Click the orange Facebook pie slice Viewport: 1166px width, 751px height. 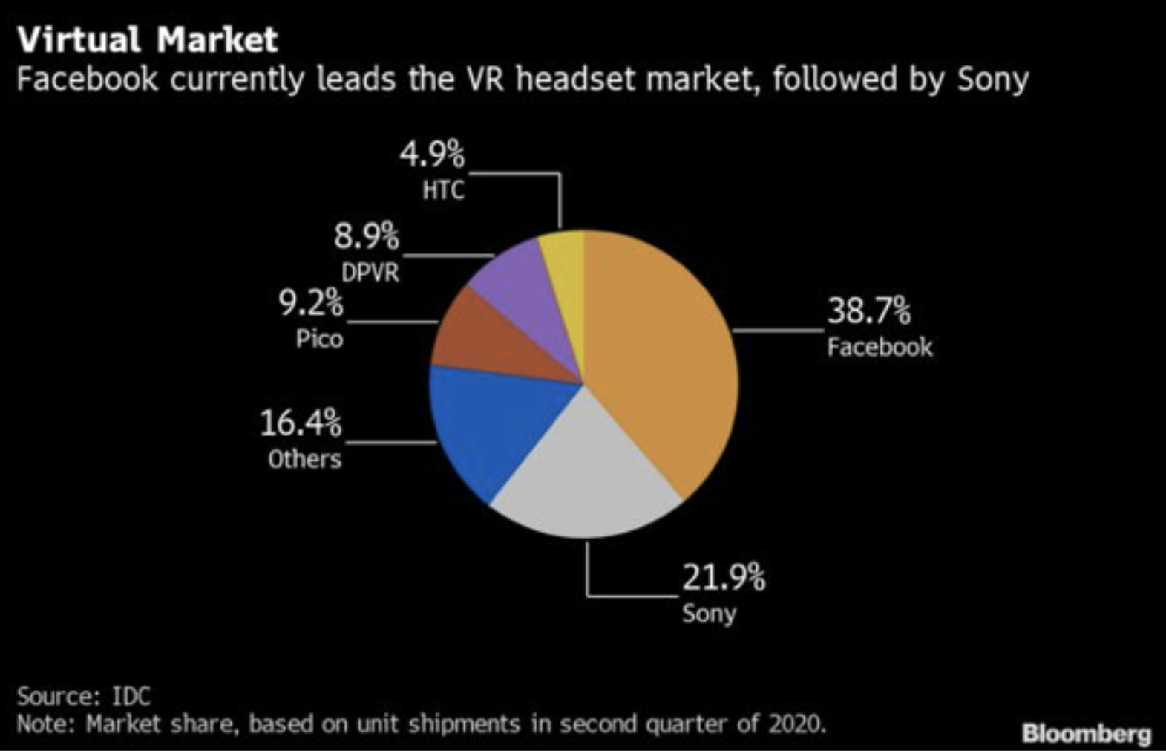pos(661,357)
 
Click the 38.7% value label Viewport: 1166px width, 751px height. pos(868,310)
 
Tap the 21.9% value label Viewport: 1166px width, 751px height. pos(723,576)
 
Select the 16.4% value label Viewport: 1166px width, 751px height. pos(301,423)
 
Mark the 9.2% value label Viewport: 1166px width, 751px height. pos(311,303)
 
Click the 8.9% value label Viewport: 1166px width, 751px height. pos(366,237)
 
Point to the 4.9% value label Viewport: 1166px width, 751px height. pos(432,155)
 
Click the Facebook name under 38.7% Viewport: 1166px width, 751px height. pos(880,347)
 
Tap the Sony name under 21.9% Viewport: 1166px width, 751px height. pos(709,614)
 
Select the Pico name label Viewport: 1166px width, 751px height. pos(319,339)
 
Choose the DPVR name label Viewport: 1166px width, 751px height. pos(370,273)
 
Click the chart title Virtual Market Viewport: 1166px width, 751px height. pos(147,39)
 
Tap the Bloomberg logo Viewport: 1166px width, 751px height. pos(1086,734)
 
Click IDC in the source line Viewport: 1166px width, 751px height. pos(131,696)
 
